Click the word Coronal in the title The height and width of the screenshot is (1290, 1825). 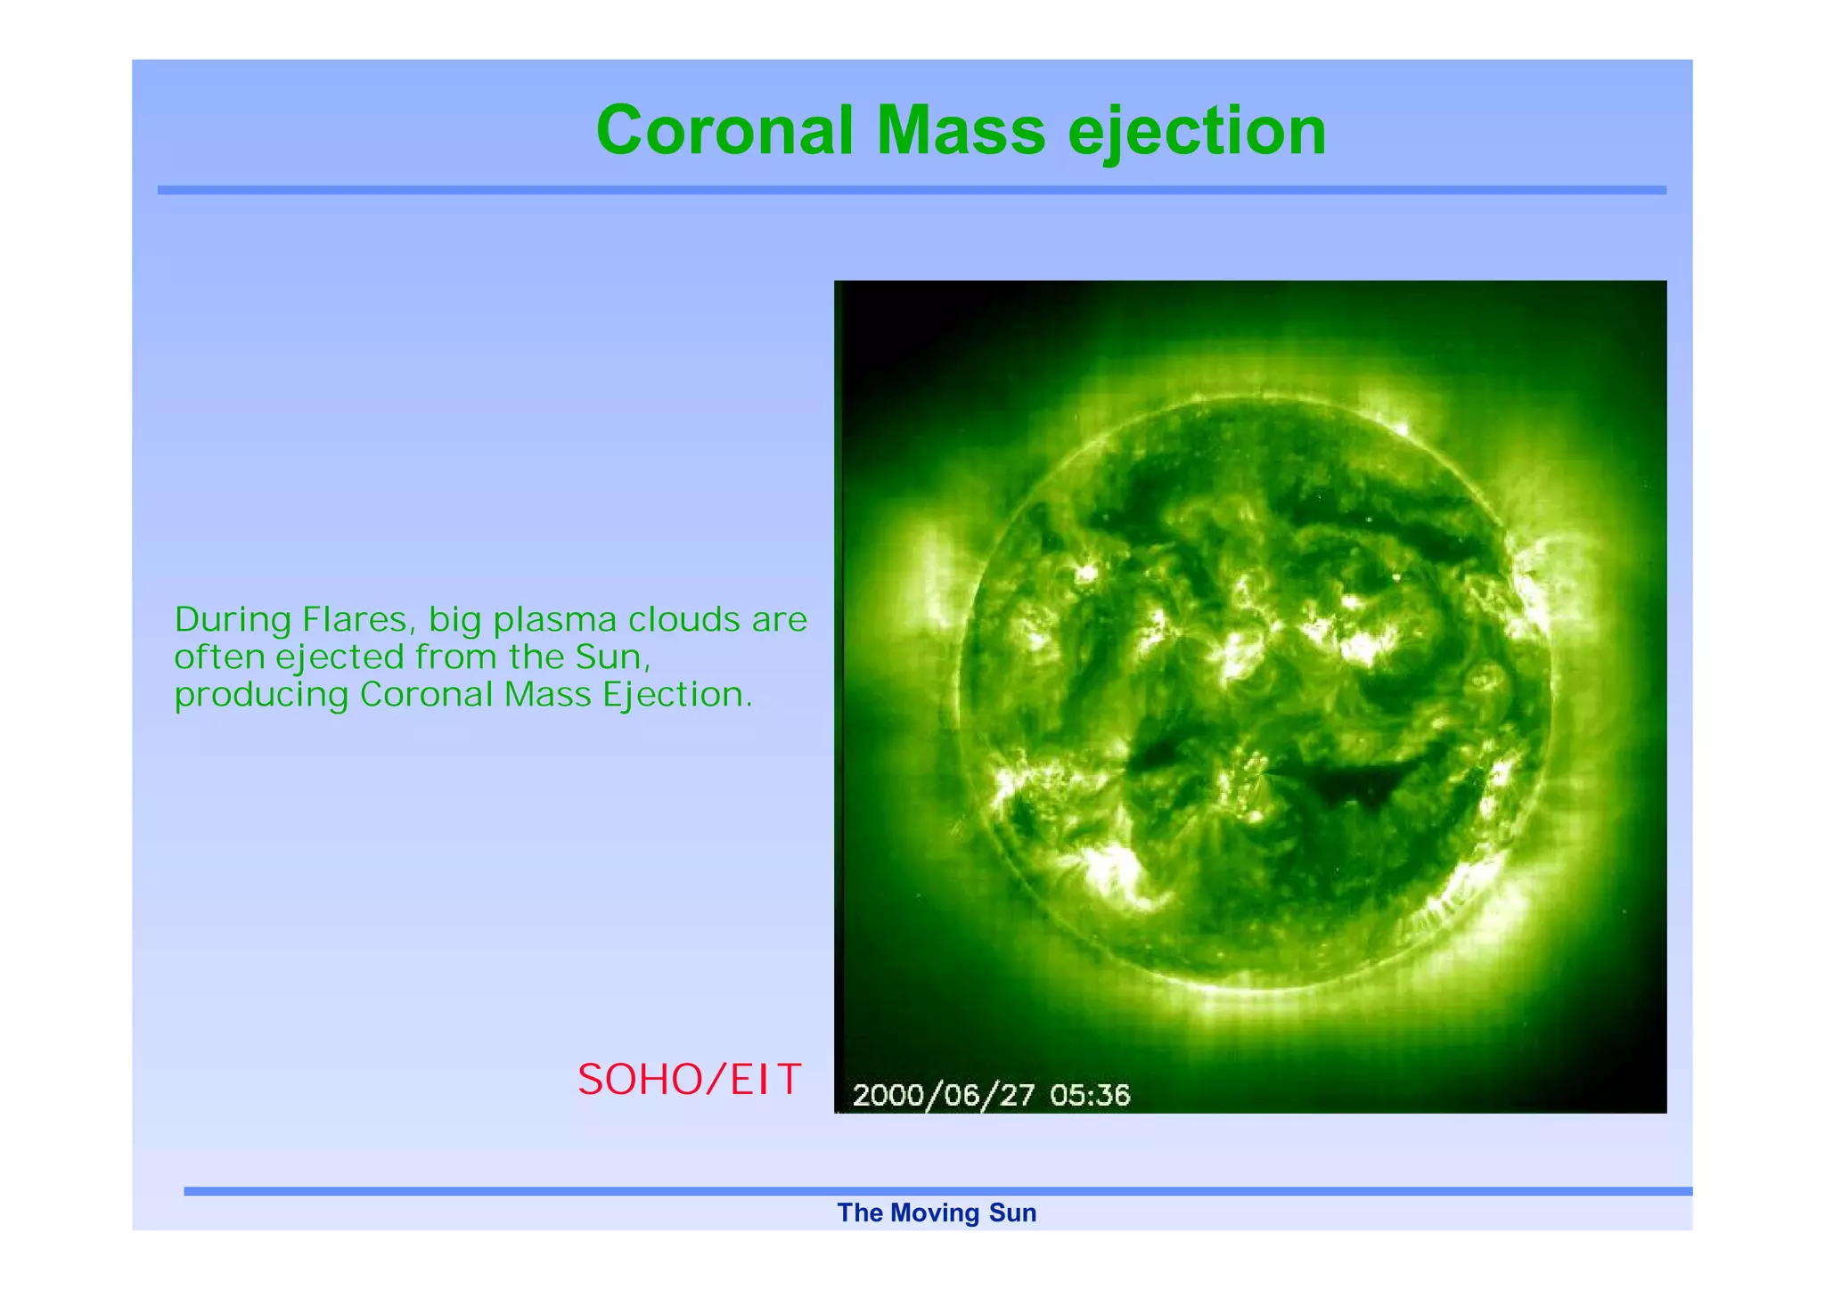pyautogui.click(x=724, y=131)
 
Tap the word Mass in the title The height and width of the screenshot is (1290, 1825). pyautogui.click(x=961, y=131)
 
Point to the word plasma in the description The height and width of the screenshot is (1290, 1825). pyautogui.click(x=555, y=621)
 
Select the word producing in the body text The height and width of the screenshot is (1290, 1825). pyautogui.click(x=261, y=696)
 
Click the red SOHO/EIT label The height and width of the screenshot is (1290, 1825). pyautogui.click(x=690, y=1080)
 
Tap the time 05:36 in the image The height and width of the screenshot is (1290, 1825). pyautogui.click(x=1090, y=1095)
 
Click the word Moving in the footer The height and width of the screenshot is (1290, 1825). pyautogui.click(x=934, y=1213)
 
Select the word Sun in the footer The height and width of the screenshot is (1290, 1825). pyautogui.click(x=1013, y=1213)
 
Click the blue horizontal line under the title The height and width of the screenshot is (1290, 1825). pyautogui.click(x=912, y=191)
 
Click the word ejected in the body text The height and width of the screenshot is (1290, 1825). pyautogui.click(x=340, y=658)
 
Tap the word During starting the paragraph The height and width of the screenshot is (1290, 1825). pyautogui.click(x=233, y=619)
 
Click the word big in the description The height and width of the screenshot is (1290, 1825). pyautogui.click(x=455, y=621)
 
